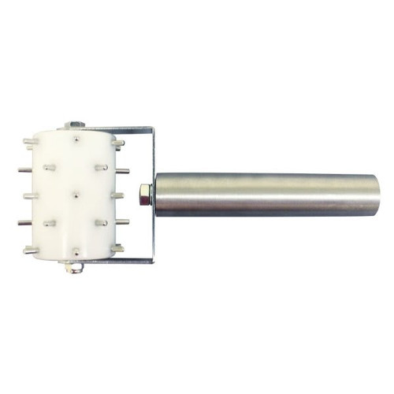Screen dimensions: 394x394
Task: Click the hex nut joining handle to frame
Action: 144,193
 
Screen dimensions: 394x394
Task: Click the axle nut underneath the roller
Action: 74,270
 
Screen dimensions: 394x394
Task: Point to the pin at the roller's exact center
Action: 74,192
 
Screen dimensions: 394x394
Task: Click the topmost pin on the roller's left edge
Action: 29,142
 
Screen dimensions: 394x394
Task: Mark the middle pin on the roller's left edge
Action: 28,195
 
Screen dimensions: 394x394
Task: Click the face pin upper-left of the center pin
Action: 49,167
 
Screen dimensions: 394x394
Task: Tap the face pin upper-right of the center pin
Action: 101,167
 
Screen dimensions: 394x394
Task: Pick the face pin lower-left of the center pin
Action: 49,223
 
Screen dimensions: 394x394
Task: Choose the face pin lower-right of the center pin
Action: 101,223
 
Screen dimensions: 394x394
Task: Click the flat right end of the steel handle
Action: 377,194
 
